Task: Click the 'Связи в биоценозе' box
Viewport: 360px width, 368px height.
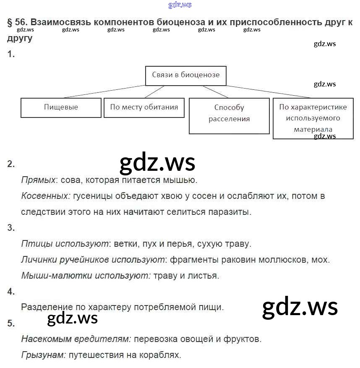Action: [x=185, y=76]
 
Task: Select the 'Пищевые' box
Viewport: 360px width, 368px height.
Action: [x=61, y=107]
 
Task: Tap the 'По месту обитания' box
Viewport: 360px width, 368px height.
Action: [x=144, y=107]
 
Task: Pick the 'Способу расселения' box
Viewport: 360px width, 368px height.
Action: [x=229, y=113]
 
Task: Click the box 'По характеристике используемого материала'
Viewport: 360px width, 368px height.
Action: [x=313, y=118]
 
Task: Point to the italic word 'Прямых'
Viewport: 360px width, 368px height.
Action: [x=38, y=180]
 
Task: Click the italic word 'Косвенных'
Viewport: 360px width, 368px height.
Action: [x=45, y=196]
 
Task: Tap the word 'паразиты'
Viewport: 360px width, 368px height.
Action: [x=232, y=212]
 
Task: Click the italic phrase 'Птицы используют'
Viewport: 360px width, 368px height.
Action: [x=65, y=244]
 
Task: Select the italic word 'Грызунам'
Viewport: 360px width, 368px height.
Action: [x=43, y=355]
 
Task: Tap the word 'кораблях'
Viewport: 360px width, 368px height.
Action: [x=163, y=355]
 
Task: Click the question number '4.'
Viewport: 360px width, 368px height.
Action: [x=11, y=292]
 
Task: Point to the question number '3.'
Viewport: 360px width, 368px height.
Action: [x=11, y=228]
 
